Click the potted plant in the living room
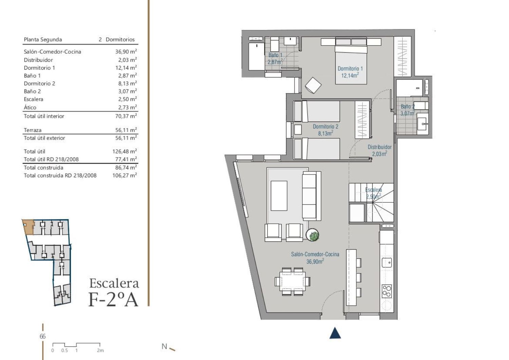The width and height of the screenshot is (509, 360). [x=312, y=235]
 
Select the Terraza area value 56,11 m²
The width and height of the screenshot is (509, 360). [x=126, y=130]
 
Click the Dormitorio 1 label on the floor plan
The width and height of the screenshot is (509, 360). [x=350, y=69]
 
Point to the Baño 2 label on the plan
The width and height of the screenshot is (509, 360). [x=408, y=106]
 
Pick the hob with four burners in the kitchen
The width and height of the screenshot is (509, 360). [x=387, y=291]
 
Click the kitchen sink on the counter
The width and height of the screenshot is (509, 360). [x=387, y=263]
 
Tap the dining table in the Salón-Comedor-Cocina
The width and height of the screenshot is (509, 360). [x=293, y=282]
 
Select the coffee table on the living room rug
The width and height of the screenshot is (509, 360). [x=279, y=196]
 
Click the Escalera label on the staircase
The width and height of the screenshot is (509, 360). [x=373, y=190]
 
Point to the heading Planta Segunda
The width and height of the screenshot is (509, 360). [x=43, y=40]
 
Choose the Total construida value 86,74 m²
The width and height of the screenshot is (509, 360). [x=126, y=167]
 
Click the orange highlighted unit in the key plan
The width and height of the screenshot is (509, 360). [x=29, y=227]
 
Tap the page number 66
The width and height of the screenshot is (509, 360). [x=42, y=336]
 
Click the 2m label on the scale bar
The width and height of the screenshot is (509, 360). [x=100, y=350]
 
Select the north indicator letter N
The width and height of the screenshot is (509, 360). [x=164, y=346]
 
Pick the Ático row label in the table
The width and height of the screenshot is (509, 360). [x=30, y=107]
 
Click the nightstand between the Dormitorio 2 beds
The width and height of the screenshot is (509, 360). [x=298, y=129]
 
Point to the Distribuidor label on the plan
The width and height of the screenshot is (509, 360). [x=379, y=147]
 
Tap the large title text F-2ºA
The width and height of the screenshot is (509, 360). [x=113, y=300]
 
